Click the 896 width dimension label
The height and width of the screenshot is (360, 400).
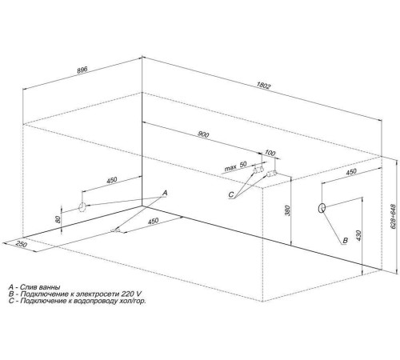pos(82,70)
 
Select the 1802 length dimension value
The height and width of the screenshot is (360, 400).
pos(263,86)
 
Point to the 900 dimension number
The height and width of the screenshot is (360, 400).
pos(203,134)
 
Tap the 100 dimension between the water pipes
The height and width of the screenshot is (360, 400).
pos(270,153)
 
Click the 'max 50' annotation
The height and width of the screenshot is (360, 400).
pos(236,166)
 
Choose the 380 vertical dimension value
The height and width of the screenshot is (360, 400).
pos(287,210)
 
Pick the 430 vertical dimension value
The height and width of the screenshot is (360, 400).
pos(358,235)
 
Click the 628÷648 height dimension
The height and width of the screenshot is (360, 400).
pos(393,217)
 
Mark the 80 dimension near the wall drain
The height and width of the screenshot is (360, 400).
pos(58,219)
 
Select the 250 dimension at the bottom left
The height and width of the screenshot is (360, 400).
pos(22,244)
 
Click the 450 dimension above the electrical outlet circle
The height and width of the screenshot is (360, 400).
pos(351,172)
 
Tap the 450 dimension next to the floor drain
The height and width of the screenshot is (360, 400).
pos(153,221)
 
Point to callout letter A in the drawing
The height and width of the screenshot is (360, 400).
pos(165,193)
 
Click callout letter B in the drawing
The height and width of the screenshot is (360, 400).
pos(345,240)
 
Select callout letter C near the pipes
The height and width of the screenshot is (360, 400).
pos(231,195)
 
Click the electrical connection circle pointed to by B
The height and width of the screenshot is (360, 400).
pos(322,208)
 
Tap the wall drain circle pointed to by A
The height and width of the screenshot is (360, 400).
pos(82,206)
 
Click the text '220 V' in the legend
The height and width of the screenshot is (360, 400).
pos(130,294)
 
